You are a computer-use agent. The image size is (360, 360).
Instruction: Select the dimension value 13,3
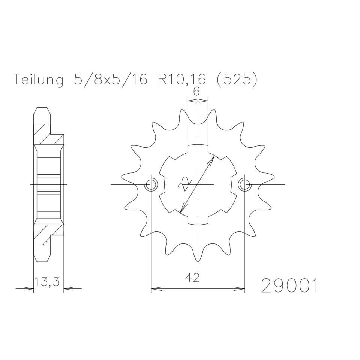[48, 282]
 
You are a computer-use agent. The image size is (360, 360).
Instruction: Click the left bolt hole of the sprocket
[151, 184]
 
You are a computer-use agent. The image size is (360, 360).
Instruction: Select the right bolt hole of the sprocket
[244, 184]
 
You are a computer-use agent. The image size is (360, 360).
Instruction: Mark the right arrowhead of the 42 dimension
[242, 289]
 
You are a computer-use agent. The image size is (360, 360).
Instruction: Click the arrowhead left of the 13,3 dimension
[31, 289]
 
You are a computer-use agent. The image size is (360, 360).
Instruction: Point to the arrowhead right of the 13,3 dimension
[67, 289]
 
